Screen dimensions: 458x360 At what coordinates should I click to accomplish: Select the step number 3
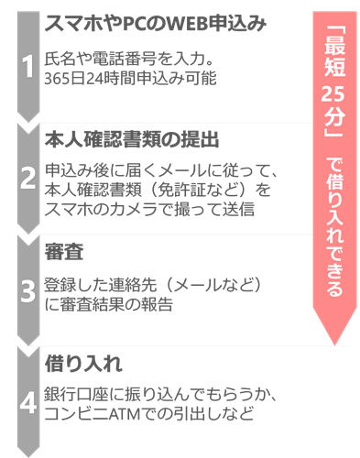27,289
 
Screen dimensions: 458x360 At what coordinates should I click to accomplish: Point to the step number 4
27,400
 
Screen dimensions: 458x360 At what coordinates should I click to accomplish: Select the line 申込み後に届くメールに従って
160,172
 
